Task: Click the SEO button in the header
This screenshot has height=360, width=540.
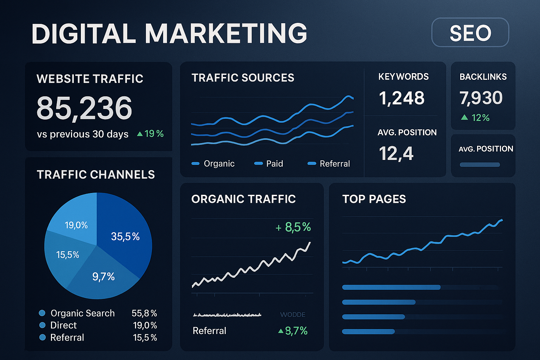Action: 470,33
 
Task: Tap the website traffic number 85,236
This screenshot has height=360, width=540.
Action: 84,108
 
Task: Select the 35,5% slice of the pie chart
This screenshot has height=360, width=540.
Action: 125,237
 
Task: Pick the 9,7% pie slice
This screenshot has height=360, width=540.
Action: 103,277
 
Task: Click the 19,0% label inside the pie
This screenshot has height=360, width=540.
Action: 76,225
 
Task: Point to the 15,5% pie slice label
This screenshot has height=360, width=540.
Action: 67,255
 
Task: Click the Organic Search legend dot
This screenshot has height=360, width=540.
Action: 42,313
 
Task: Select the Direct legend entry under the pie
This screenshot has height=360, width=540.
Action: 63,325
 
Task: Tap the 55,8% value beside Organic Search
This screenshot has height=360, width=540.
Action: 144,313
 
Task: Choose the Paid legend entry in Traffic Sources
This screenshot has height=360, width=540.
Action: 269,163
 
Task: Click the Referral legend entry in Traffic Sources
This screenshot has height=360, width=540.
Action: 329,163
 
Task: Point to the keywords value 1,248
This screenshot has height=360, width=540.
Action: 401,98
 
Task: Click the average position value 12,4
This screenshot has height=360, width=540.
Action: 396,154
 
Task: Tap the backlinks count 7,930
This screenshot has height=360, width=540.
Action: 481,98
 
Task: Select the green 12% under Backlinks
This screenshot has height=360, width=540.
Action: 476,117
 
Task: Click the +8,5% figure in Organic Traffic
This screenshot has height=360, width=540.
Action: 294,227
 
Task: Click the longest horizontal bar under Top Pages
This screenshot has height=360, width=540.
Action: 391,287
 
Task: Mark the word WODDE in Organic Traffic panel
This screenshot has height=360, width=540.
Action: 292,315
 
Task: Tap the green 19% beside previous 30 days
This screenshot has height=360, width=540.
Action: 150,134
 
